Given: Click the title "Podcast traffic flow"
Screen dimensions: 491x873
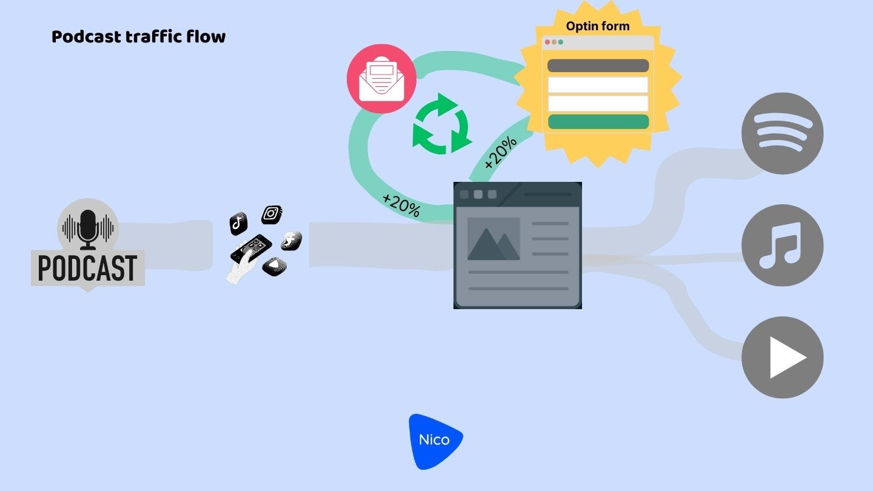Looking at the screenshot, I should point(138,37).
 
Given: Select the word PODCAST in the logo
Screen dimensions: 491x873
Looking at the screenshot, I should point(88,268).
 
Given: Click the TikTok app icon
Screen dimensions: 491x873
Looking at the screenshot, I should point(238,223).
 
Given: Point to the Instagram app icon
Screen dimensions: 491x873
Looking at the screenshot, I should point(272,214).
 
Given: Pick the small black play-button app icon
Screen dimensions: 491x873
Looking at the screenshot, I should point(274,265).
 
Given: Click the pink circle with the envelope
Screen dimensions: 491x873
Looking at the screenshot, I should point(381,79).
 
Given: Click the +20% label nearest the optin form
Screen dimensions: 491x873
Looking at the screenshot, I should point(501,152).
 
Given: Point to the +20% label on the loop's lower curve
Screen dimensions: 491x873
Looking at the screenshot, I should point(401,204).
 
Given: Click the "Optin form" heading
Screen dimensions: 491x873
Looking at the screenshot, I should point(597,26).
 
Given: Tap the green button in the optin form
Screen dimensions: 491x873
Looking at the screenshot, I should point(598,121).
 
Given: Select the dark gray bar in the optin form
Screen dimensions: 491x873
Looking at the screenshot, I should point(598,66).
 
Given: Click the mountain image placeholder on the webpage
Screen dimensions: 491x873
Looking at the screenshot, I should point(493,239).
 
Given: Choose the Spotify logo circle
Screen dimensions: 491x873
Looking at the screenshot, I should point(782,133).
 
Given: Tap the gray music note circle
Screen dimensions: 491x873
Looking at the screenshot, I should point(782,245).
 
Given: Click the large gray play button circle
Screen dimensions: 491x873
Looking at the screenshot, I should point(782,357).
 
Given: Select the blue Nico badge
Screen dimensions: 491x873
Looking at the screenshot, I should point(435,441).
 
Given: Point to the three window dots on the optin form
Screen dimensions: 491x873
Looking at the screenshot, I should point(553,42).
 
